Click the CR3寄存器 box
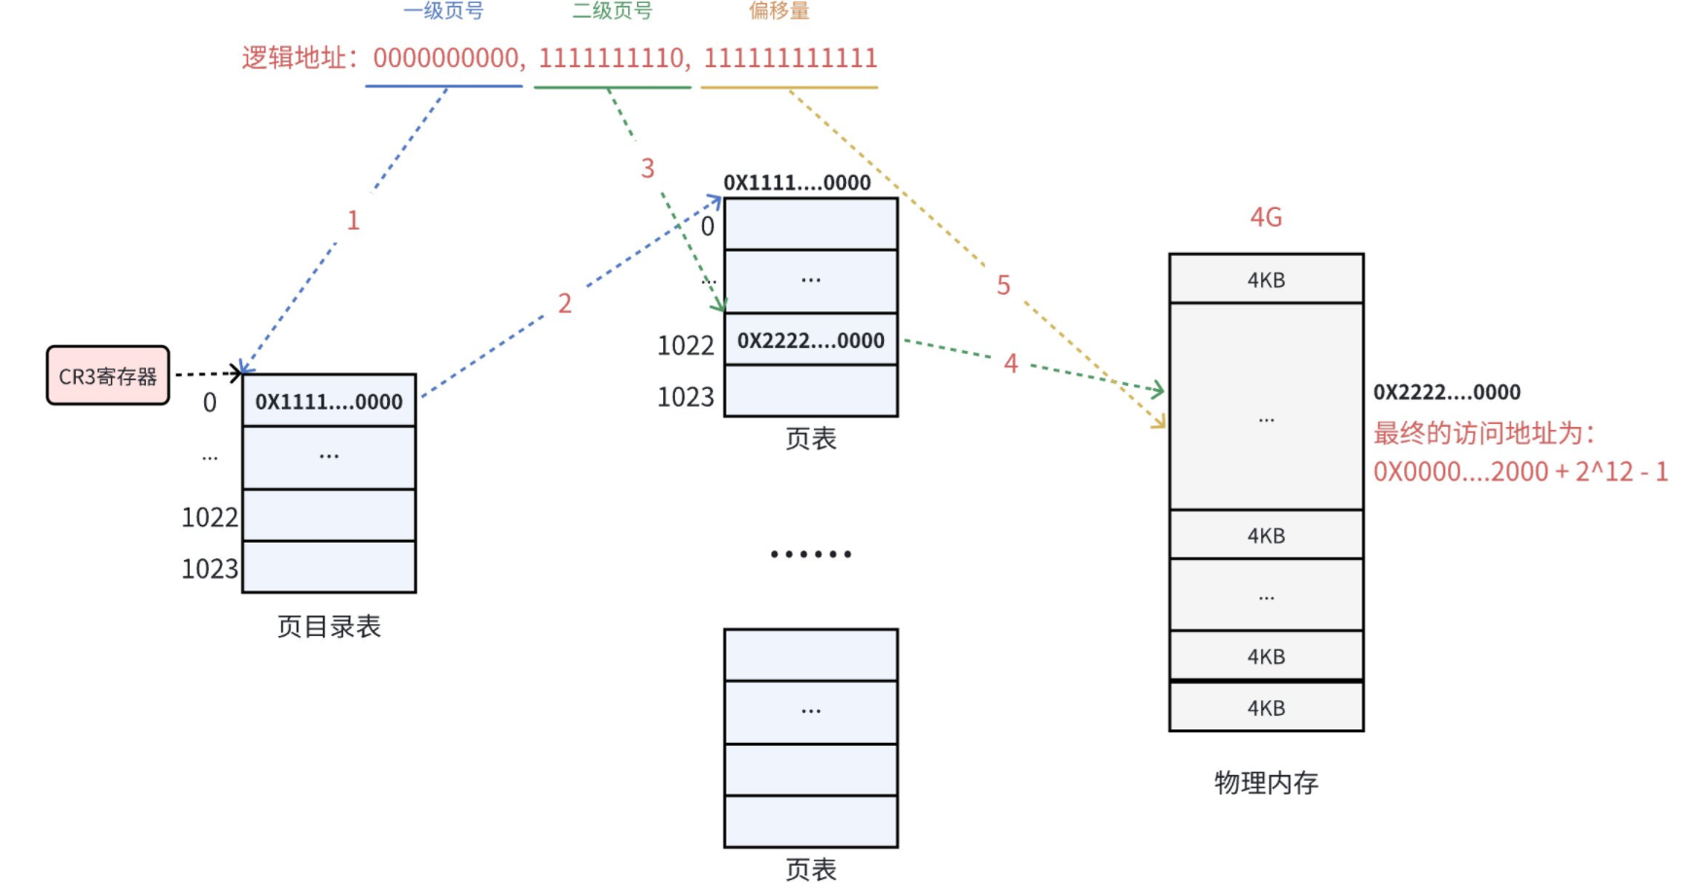pyautogui.click(x=108, y=375)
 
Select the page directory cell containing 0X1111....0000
pyautogui.click(x=329, y=402)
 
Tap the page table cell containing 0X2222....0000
pyautogui.click(x=810, y=340)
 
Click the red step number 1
pyautogui.click(x=353, y=221)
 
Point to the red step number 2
pyautogui.click(x=565, y=303)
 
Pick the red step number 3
pyautogui.click(x=648, y=169)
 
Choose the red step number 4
pyautogui.click(x=1010, y=364)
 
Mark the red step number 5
pyautogui.click(x=1004, y=285)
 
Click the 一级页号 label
pyautogui.click(x=443, y=11)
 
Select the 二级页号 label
pyautogui.click(x=612, y=11)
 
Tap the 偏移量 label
pyautogui.click(x=779, y=11)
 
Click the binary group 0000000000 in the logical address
pyautogui.click(x=447, y=58)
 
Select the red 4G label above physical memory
pyautogui.click(x=1266, y=217)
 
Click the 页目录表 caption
pyautogui.click(x=329, y=626)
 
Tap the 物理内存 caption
pyautogui.click(x=1266, y=783)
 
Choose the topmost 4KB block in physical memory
pyautogui.click(x=1266, y=280)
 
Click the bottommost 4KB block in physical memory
pyautogui.click(x=1266, y=708)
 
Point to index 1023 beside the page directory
pyautogui.click(x=210, y=568)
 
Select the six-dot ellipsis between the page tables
pyautogui.click(x=811, y=554)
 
